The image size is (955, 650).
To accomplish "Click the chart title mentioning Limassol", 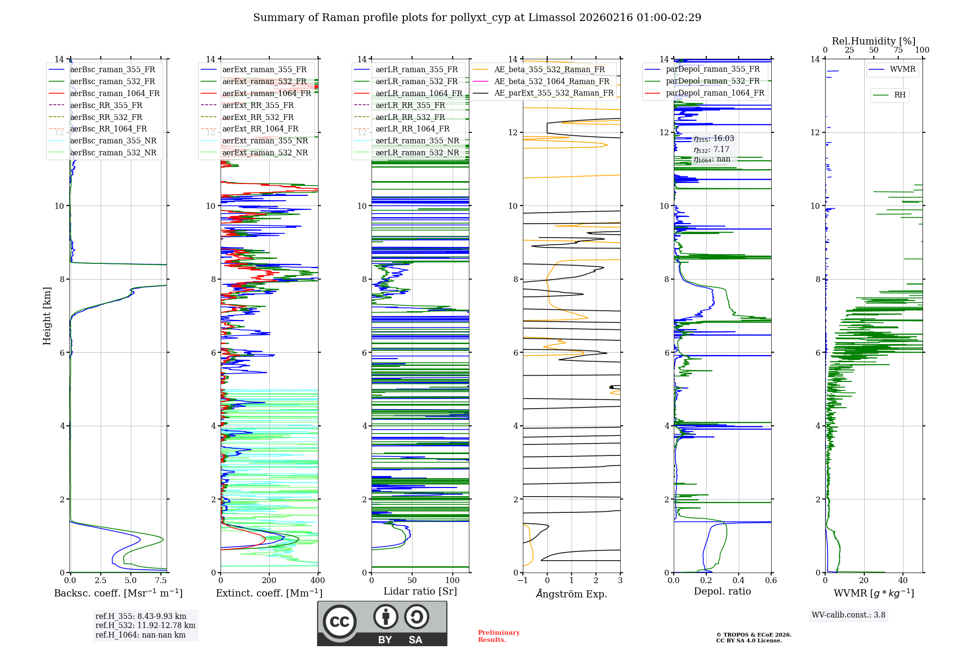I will pos(477,18).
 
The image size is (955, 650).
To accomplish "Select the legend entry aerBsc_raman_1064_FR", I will pos(115,93).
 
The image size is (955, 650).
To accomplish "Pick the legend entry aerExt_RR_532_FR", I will pos(258,117).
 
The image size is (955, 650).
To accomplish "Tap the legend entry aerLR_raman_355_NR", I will pos(417,141).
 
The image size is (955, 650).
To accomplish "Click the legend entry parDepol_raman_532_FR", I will pos(712,81).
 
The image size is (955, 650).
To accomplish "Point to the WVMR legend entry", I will pos(902,69).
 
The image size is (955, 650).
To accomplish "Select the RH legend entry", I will pos(900,95).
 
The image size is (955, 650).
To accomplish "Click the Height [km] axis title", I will pos(47,315).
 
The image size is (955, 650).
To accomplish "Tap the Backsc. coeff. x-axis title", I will pos(118,593).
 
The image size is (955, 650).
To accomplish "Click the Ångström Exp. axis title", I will pos(572,594).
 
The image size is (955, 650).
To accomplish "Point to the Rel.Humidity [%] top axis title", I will pos(873,41).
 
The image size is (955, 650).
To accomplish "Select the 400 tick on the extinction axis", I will pos(318,581).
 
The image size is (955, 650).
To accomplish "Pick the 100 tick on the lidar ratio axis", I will pos(452,581).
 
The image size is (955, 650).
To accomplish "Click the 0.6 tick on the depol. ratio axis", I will pos(771,581).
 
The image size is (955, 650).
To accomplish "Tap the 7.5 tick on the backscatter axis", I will pos(161,581).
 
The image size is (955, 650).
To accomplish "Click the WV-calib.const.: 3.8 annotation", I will pos(848,615).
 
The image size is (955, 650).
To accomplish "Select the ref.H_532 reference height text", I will pos(145,625).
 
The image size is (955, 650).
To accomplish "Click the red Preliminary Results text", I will pos(499,636).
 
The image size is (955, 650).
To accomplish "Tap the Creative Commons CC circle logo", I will pos(340,622).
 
